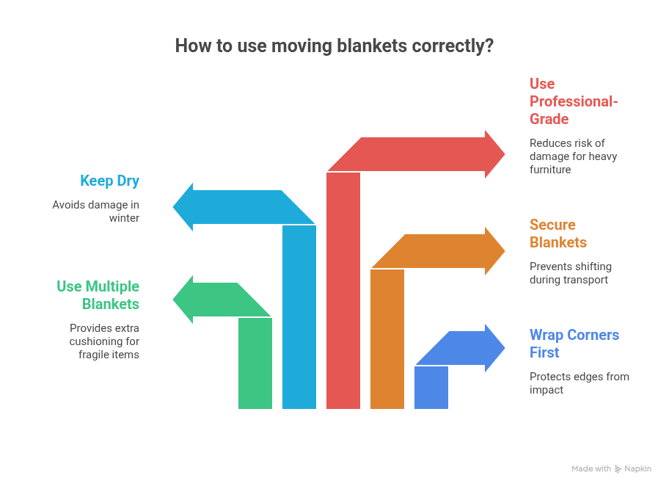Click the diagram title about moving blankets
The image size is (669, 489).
334,46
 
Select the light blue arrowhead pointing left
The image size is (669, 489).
185,207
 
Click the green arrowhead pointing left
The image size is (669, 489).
184,300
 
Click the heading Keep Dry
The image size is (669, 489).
109,181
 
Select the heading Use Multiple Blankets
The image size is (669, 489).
98,295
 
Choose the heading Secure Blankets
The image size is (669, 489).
558,233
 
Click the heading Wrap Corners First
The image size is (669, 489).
574,344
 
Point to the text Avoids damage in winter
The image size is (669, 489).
95,211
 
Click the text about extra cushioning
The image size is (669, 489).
104,341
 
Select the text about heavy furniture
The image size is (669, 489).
573,156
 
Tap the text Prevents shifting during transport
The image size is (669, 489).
570,273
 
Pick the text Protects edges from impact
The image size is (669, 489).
579,383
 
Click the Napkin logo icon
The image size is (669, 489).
619,469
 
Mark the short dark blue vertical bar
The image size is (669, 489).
431,388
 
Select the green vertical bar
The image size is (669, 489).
255,363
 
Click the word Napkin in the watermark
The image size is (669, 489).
638,469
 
